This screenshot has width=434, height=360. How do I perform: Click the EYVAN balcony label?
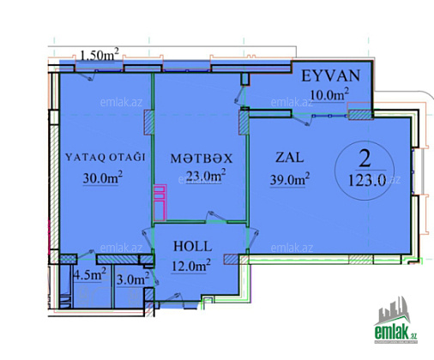(331, 76)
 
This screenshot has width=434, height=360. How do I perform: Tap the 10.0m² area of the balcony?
(329, 94)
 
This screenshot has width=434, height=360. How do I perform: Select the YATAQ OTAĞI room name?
(105, 157)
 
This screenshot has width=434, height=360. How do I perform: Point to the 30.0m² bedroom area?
(103, 177)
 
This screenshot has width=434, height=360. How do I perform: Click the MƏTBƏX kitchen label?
(202, 159)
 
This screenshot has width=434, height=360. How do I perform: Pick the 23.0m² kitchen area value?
(206, 176)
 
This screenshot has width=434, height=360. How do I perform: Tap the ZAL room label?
(289, 158)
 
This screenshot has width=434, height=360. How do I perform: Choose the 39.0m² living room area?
(290, 179)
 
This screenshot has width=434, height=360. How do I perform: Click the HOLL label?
(193, 247)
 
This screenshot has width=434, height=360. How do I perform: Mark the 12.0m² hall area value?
(191, 266)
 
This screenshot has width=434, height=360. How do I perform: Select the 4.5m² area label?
(90, 274)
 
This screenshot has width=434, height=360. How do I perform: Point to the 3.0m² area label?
(133, 279)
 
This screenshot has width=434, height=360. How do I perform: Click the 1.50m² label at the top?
(99, 55)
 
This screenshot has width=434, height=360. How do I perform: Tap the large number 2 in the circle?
(365, 159)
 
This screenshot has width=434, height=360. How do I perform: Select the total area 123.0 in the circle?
(367, 181)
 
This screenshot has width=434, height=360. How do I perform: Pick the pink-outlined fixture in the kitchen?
(160, 202)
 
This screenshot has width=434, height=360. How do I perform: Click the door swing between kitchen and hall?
(216, 217)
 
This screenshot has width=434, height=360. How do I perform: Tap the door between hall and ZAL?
(253, 239)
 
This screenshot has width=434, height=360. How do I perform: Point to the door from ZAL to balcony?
(301, 120)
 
